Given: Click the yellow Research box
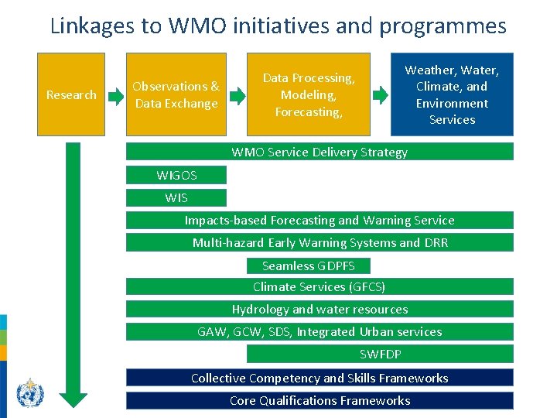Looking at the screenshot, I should click(x=71, y=94).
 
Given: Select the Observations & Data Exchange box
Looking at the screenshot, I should click(x=176, y=94).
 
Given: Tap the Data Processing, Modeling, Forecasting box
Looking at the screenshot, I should click(x=309, y=94).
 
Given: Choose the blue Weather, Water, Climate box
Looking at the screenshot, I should click(x=452, y=94).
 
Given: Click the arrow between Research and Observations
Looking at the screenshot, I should click(x=115, y=96).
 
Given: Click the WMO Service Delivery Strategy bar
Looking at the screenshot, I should click(x=320, y=152).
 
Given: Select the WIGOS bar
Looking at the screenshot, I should click(x=176, y=176).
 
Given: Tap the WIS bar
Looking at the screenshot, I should click(x=176, y=197).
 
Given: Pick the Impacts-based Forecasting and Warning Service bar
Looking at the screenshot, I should click(x=320, y=220).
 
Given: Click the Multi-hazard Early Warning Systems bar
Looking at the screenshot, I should click(x=320, y=242).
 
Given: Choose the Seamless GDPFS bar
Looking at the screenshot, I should click(x=309, y=266).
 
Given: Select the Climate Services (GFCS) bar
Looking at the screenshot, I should click(x=320, y=287).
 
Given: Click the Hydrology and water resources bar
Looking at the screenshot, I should click(x=320, y=310).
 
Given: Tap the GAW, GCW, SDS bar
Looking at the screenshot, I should click(x=320, y=332).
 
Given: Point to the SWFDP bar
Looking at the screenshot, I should click(x=380, y=355).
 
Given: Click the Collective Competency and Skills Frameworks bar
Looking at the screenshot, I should click(x=320, y=378).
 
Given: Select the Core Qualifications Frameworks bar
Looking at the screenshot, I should click(x=320, y=400).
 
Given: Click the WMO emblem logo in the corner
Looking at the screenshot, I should click(x=30, y=392).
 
